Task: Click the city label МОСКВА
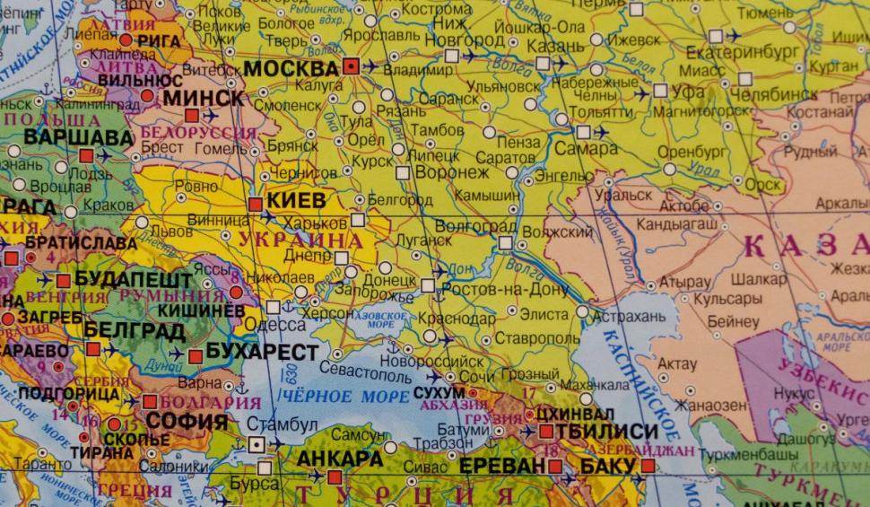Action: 291,68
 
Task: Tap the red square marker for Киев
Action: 256,204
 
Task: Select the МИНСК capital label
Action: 204,97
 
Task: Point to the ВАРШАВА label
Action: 65,137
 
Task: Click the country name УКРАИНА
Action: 295,240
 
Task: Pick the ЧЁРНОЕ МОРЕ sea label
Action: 334,396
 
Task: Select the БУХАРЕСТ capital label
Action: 262,351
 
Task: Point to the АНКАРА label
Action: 340,459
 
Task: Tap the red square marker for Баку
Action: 648,466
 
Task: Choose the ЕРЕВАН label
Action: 501,466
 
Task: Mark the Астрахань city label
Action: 634,316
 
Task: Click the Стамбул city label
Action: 283,423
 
